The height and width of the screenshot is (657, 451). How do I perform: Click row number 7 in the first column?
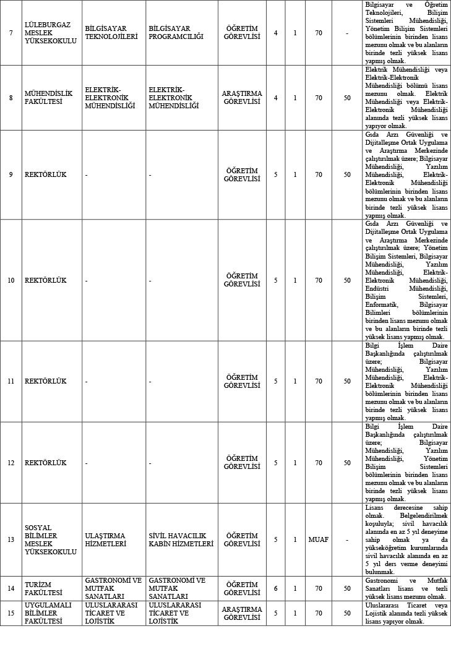[11, 33]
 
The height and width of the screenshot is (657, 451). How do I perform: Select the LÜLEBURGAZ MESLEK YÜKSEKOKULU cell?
[51, 33]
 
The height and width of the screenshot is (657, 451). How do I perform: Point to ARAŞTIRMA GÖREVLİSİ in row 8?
[242, 98]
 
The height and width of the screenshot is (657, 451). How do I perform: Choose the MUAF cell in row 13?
[318, 539]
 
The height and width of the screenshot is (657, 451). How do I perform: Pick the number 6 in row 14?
[275, 588]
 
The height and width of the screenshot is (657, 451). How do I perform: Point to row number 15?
[11, 613]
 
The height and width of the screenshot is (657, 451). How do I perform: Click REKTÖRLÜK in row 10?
[45, 280]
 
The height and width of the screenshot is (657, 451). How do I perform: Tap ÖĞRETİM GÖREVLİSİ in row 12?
[241, 463]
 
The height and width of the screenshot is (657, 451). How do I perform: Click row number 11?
[11, 381]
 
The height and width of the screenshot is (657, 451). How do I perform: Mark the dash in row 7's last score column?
[347, 33]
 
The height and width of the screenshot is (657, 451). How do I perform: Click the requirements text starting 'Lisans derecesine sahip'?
[406, 539]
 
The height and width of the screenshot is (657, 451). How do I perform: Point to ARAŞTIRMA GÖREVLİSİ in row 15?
[242, 613]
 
